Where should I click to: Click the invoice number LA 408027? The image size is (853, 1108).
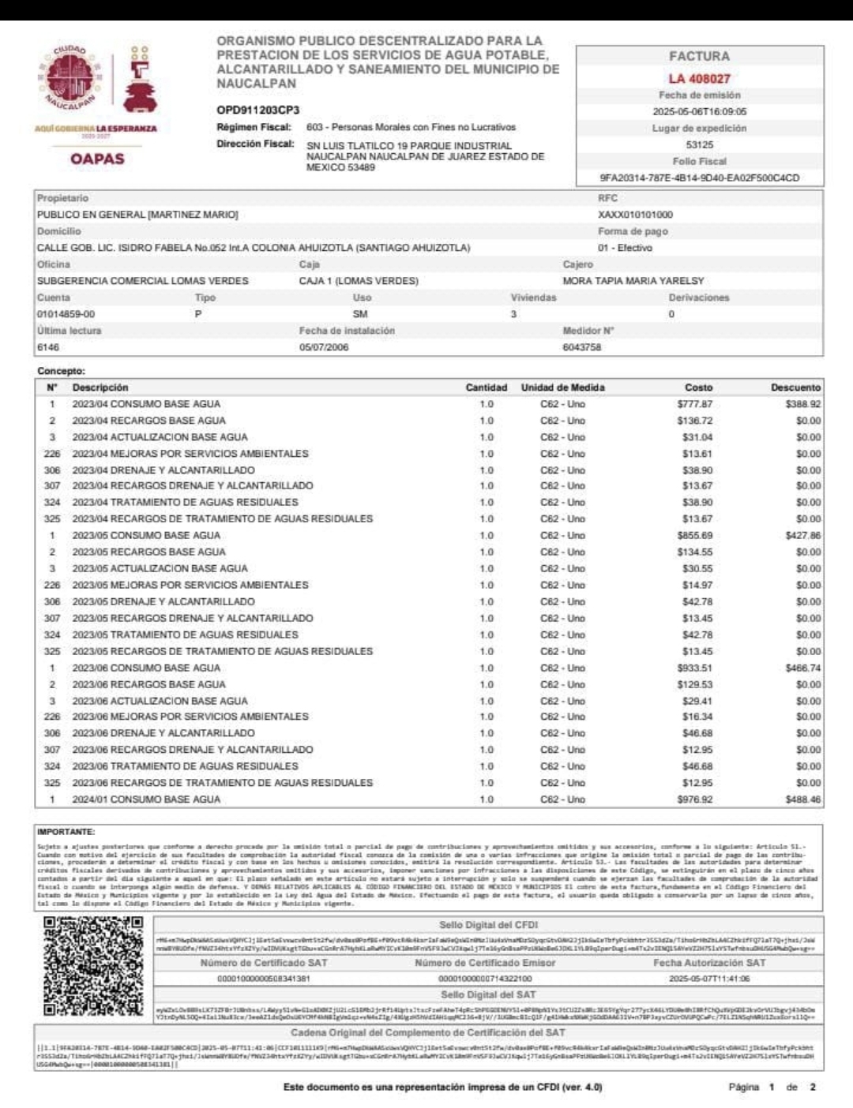699,78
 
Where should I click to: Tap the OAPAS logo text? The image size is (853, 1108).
97,159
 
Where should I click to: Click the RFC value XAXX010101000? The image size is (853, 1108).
635,215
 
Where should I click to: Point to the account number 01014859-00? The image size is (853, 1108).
66,314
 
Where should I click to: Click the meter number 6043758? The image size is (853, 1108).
581,347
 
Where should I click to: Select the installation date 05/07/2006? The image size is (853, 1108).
323,347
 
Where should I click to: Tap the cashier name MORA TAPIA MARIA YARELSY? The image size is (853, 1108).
633,281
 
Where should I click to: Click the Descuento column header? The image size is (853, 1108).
795,387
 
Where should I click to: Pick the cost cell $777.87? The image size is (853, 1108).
694,404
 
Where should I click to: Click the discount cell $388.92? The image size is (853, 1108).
802,404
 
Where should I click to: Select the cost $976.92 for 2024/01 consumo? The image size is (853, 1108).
694,799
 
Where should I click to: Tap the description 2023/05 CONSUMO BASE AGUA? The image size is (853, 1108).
146,535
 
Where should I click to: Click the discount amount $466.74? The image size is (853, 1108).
802,668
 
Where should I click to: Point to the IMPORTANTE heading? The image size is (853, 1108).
66,832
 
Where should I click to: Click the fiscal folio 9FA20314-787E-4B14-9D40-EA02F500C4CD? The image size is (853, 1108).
699,178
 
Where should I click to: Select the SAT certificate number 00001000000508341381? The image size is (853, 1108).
263,979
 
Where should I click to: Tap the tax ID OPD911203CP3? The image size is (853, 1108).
257,110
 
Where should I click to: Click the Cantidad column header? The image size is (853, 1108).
486,387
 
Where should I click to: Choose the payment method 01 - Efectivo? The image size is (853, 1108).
625,248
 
